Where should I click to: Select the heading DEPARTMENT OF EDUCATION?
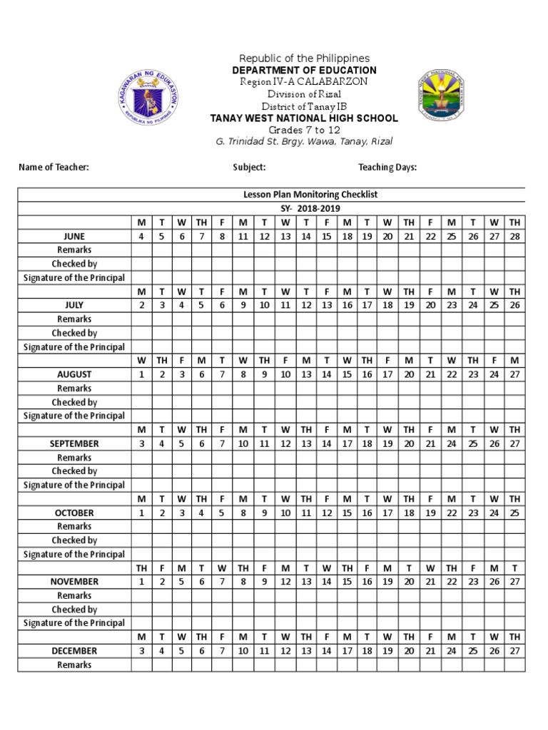pyautogui.click(x=304, y=70)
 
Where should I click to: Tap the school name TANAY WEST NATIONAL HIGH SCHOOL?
pyautogui.click(x=304, y=118)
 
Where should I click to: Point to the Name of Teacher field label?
pyautogui.click(x=54, y=167)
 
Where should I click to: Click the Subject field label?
pyautogui.click(x=249, y=167)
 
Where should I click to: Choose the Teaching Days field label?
pyautogui.click(x=387, y=167)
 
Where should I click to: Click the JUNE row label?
pyautogui.click(x=74, y=236)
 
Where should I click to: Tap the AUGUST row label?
pyautogui.click(x=74, y=374)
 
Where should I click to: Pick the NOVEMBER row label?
pyautogui.click(x=74, y=582)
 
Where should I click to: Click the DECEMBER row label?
pyautogui.click(x=74, y=651)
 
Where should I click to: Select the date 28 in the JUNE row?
pyautogui.click(x=514, y=236)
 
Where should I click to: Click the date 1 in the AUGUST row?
pyautogui.click(x=141, y=374)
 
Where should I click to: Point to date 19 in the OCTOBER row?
pyautogui.click(x=430, y=513)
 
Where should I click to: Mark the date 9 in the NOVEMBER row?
pyautogui.click(x=264, y=582)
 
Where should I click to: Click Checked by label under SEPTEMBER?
pyautogui.click(x=74, y=471)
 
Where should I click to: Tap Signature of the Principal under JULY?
pyautogui.click(x=74, y=347)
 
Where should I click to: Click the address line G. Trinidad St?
pyautogui.click(x=304, y=141)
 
